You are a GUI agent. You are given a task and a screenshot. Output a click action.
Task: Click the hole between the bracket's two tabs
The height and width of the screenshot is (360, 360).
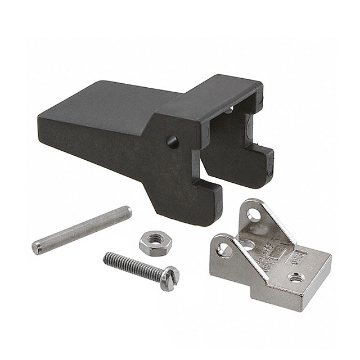click(248, 244)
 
